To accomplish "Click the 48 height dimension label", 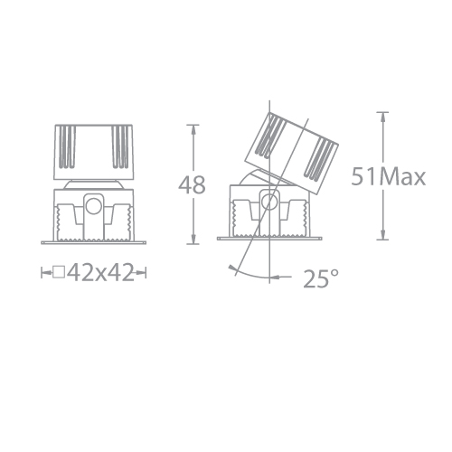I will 192,185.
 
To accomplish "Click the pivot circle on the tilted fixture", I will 268,200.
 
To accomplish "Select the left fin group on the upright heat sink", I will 66,146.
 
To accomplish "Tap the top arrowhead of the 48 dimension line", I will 192,127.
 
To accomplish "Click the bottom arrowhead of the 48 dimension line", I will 192,241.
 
